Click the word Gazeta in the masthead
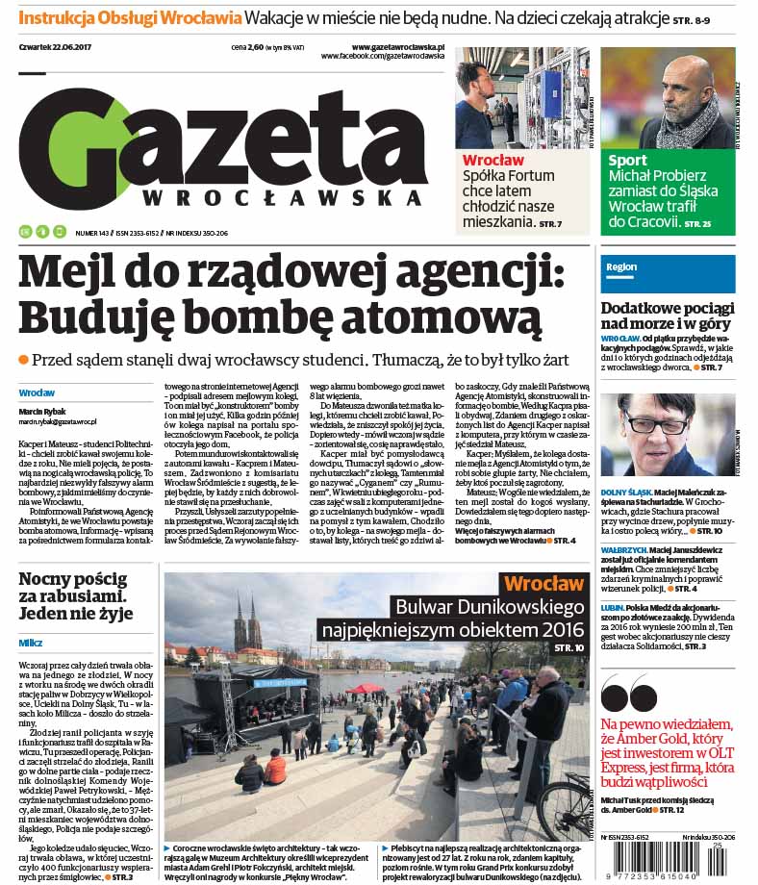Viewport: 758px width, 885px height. pos(221,139)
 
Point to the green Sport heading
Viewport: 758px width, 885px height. pos(627,161)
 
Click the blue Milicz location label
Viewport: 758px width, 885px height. pos(31,643)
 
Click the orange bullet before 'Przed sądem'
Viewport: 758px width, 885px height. pos(24,360)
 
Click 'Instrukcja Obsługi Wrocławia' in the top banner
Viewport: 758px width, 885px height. pos(130,18)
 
